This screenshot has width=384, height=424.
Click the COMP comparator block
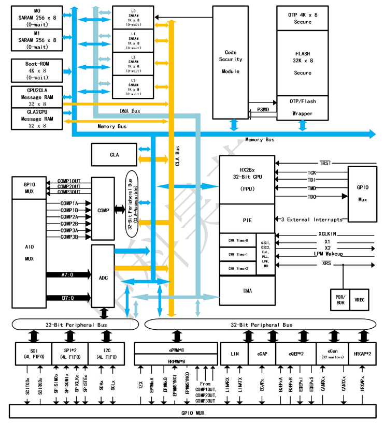click(103, 210)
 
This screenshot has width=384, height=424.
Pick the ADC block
click(103, 277)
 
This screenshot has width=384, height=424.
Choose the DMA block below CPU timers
click(247, 291)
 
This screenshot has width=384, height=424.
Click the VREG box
click(360, 300)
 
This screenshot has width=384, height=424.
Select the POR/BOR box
click(340, 300)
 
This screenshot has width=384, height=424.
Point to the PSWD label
click(263, 109)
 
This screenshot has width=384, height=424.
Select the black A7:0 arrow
click(68, 274)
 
